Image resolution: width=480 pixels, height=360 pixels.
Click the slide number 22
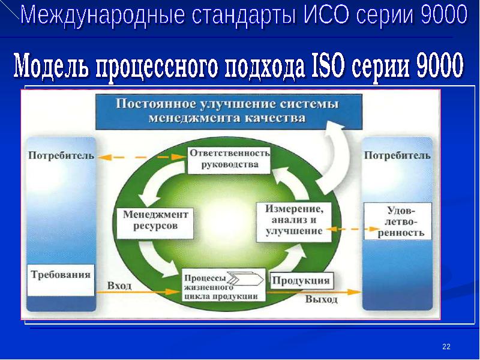tap(446, 346)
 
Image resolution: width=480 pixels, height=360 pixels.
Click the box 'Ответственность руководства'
tap(229, 160)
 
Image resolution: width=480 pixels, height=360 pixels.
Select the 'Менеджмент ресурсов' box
tap(155, 223)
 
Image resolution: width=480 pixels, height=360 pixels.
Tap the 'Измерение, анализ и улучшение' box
tap(294, 222)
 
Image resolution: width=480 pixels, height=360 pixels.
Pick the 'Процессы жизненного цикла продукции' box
tap(224, 284)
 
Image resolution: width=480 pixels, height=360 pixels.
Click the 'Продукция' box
tap(301, 280)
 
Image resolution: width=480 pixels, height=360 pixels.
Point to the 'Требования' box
tap(61, 280)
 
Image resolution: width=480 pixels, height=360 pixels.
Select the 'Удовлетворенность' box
tap(398, 221)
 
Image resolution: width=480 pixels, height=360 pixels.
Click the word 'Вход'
tap(119, 286)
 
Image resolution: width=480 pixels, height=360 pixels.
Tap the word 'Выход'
tap(322, 299)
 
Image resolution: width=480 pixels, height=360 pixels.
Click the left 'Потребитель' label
tap(61, 155)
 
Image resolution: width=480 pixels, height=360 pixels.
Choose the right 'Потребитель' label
tap(397, 155)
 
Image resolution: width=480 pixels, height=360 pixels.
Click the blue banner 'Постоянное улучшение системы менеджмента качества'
tap(229, 112)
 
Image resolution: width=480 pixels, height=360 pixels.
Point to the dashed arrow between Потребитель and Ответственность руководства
tap(142, 157)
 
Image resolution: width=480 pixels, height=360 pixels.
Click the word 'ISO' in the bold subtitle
tap(328, 65)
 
